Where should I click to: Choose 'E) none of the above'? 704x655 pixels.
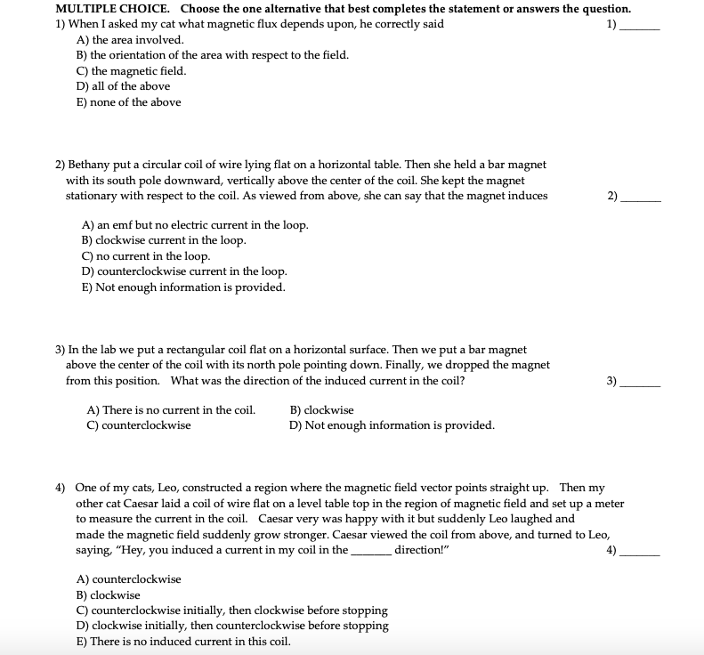[x=129, y=102]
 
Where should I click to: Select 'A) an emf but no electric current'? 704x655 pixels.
[x=195, y=225]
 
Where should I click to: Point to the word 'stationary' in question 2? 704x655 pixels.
[x=93, y=196]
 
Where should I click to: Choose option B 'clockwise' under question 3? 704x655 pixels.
[x=321, y=410]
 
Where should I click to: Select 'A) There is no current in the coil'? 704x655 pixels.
[x=171, y=410]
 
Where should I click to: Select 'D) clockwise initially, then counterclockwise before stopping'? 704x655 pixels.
[x=233, y=626]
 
